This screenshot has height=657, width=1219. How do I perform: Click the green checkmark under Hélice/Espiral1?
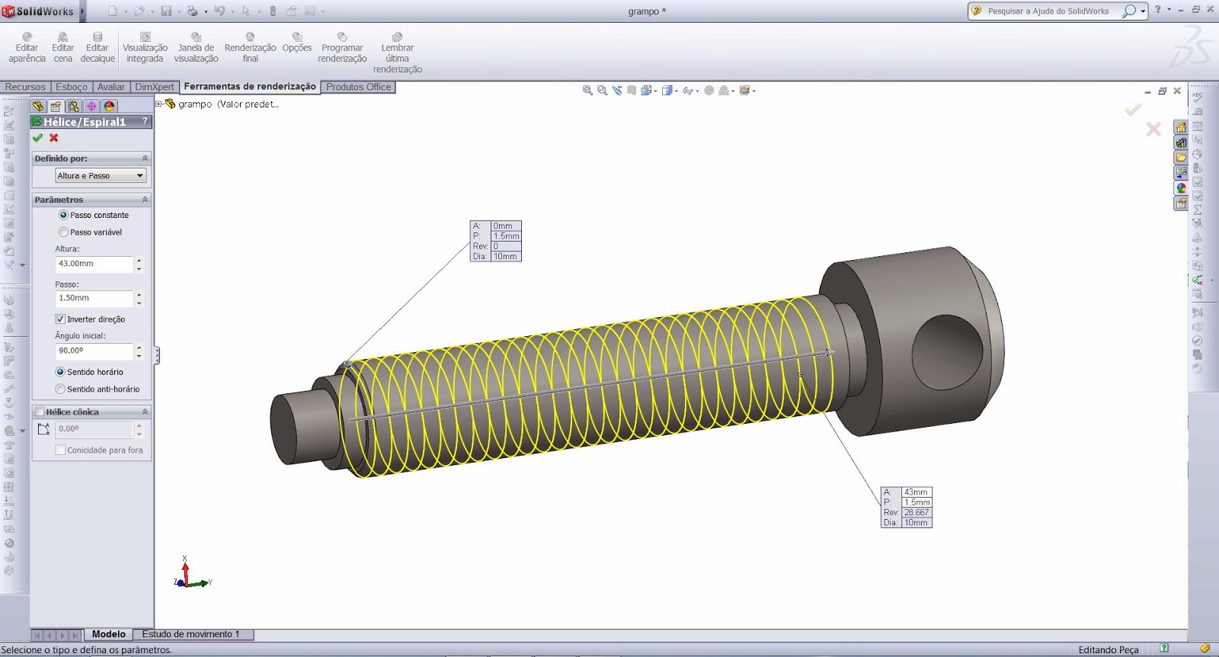pos(37,138)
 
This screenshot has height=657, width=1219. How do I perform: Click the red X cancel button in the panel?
pos(54,138)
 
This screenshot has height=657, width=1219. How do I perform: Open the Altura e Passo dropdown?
pos(100,176)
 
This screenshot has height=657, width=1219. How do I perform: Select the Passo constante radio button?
pos(64,216)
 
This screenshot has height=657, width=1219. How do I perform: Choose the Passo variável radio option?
pos(64,232)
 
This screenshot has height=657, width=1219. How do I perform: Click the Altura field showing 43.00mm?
pos(94,264)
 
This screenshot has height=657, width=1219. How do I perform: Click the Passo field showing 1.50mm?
pos(94,299)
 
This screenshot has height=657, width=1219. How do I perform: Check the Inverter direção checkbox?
pos(60,319)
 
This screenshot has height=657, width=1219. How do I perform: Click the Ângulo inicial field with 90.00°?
pos(94,351)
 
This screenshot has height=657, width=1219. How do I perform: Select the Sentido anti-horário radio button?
pos(61,389)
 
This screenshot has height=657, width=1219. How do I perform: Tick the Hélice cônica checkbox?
pos(40,412)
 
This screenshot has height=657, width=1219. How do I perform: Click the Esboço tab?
pos(72,87)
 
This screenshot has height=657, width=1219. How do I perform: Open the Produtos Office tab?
pos(358,87)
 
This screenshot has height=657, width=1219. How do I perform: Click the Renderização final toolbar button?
pos(250,48)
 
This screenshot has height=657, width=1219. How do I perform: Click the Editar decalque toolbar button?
pos(98,48)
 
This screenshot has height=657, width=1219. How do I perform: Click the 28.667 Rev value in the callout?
pos(917,513)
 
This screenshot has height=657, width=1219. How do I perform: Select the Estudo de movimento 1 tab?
pos(190,634)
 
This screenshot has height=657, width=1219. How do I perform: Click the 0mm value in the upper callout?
pos(504,226)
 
